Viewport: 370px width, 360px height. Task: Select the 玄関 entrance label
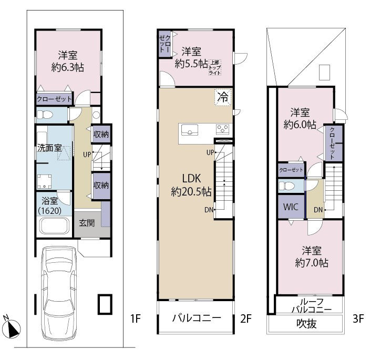pos(87,223)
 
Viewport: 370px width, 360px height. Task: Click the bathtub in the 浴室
pos(54,225)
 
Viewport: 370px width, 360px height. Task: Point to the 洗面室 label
pos(49,148)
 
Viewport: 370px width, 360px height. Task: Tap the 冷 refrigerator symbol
pos(223,97)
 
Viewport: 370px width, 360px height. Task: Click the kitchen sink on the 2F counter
pos(190,130)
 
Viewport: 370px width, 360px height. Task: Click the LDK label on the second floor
pos(191,179)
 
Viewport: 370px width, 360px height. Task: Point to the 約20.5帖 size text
pos(191,191)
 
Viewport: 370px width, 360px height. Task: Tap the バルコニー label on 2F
pos(197,318)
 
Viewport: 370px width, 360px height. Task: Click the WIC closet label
pos(291,207)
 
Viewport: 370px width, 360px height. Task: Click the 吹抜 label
pos(306,324)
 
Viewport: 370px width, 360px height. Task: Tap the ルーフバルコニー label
pos(312,305)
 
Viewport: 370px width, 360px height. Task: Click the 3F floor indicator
pos(358,318)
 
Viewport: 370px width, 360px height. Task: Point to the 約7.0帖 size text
pos(312,263)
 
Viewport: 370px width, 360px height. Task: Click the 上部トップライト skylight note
pos(215,67)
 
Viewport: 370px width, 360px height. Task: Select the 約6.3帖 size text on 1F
pos(67,68)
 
